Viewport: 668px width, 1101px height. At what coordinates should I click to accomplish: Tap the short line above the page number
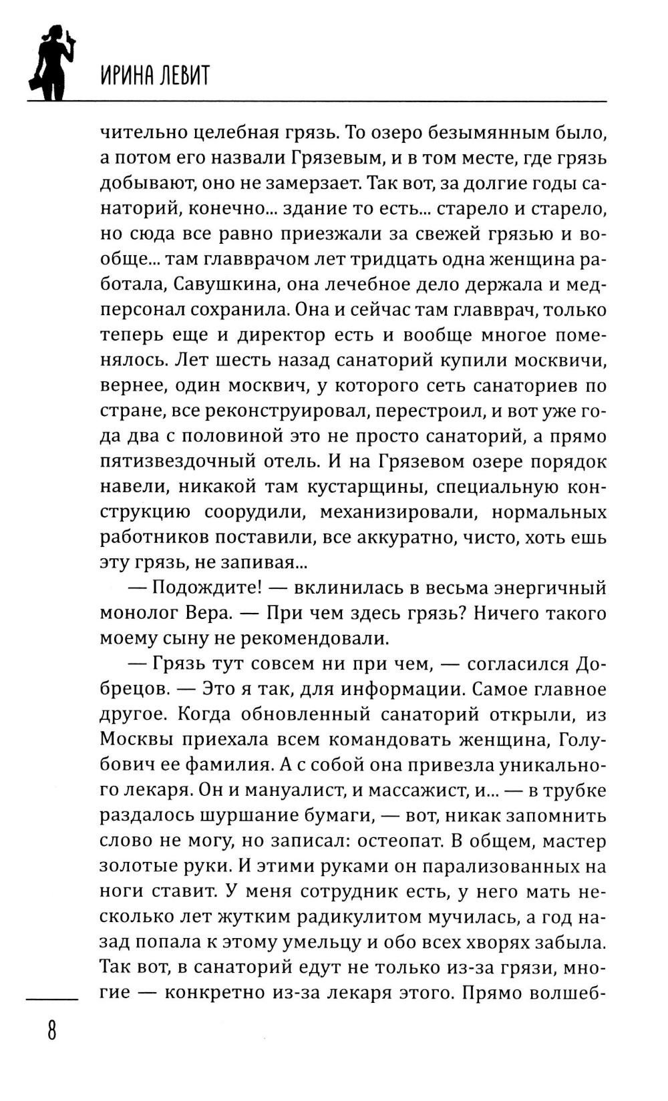point(52,999)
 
